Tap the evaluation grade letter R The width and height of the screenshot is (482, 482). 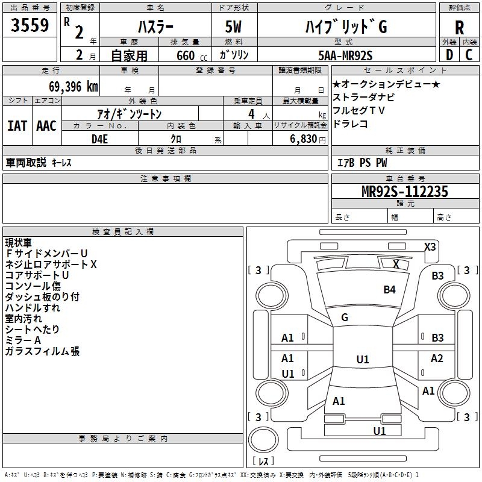(x=459, y=28)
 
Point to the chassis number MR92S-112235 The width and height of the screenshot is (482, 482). (x=404, y=192)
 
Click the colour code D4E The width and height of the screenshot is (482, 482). (x=99, y=139)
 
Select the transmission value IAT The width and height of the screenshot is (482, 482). (x=17, y=125)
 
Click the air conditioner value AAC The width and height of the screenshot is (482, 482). (x=46, y=125)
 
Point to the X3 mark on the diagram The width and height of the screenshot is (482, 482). (x=430, y=246)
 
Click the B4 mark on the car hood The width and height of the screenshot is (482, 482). (x=390, y=290)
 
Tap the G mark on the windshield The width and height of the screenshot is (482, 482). (x=345, y=318)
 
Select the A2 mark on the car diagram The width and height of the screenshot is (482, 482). (x=437, y=358)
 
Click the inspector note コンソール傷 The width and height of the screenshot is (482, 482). (x=33, y=286)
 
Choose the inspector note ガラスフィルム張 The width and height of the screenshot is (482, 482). (x=42, y=351)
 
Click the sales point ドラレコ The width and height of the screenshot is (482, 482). (x=350, y=124)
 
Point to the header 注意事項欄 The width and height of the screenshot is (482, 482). (x=165, y=179)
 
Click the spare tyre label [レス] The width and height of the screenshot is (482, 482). (x=263, y=461)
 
